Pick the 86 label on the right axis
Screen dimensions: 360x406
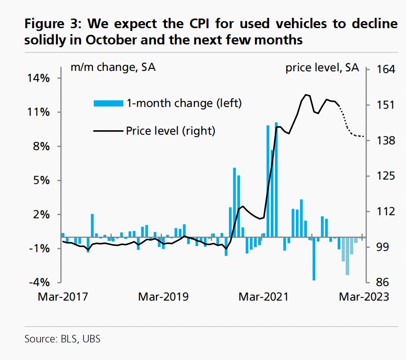point(379,282)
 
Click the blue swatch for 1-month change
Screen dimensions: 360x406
point(108,103)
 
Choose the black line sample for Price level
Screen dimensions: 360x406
point(108,131)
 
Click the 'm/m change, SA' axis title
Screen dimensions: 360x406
point(113,68)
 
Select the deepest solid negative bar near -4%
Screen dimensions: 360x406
point(314,260)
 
